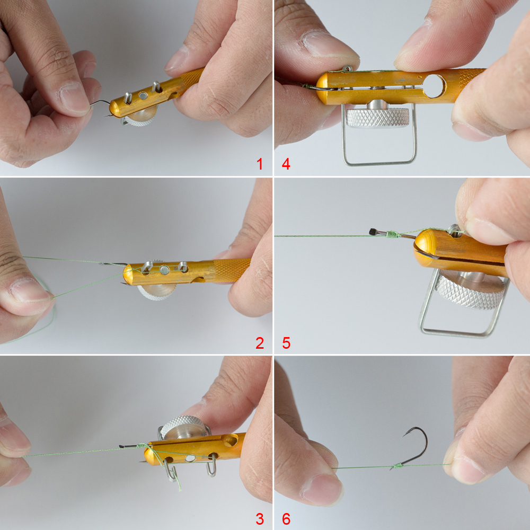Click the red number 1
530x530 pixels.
coord(260,164)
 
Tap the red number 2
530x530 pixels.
coord(260,343)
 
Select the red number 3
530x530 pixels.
coord(260,519)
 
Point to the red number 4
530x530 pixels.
coord(286,164)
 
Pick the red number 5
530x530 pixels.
coord(286,343)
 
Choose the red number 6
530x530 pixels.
coord(286,519)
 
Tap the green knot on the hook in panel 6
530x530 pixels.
coord(397,466)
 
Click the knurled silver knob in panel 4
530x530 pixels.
coord(377,117)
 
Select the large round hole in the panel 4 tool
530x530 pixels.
coord(434,86)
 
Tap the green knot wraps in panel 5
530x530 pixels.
coord(392,234)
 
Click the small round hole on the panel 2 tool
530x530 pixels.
coord(165,270)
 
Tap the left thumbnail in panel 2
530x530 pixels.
coord(29,290)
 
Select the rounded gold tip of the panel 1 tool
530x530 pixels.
coord(115,108)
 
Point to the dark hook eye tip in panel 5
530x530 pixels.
coord(373,232)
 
